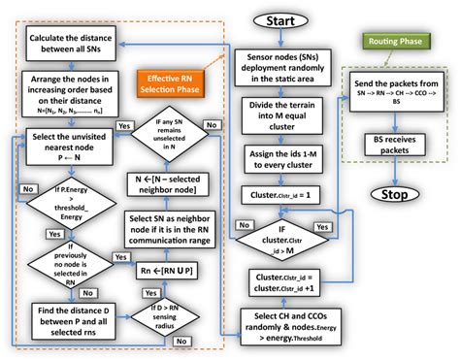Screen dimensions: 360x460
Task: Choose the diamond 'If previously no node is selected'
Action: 60,259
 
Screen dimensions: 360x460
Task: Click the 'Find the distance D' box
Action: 68,321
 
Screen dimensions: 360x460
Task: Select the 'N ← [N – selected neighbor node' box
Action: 175,180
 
